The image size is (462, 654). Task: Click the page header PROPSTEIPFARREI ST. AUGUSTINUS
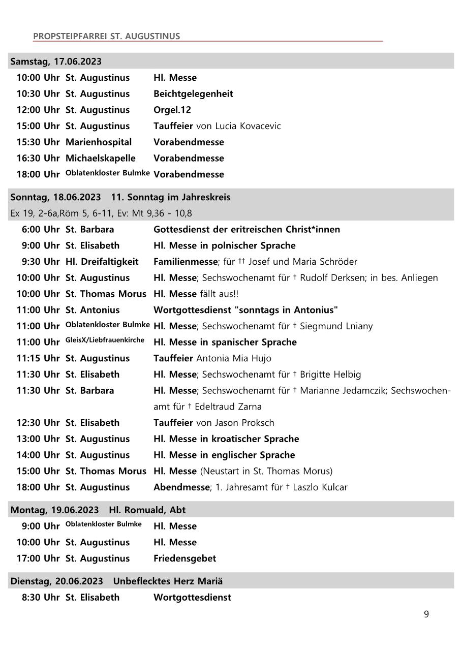pyautogui.click(x=106, y=36)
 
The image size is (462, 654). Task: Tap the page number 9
pyautogui.click(x=426, y=614)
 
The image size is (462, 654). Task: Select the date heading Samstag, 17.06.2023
pyautogui.click(x=56, y=61)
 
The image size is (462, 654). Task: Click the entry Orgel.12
pyautogui.click(x=172, y=110)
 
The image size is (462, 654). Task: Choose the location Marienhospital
pyautogui.click(x=98, y=142)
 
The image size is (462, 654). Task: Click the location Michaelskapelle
pyautogui.click(x=100, y=158)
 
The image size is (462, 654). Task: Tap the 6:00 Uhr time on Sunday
pyautogui.click(x=41, y=229)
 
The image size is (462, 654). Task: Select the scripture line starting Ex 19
pyautogui.click(x=101, y=213)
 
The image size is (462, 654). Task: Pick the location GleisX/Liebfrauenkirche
pyautogui.click(x=105, y=340)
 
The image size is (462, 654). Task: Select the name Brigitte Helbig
pyautogui.click(x=330, y=375)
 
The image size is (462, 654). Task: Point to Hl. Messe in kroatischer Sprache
pyautogui.click(x=226, y=439)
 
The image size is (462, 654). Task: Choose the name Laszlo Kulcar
pyautogui.click(x=320, y=487)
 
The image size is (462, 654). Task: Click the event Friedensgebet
pyautogui.click(x=184, y=558)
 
